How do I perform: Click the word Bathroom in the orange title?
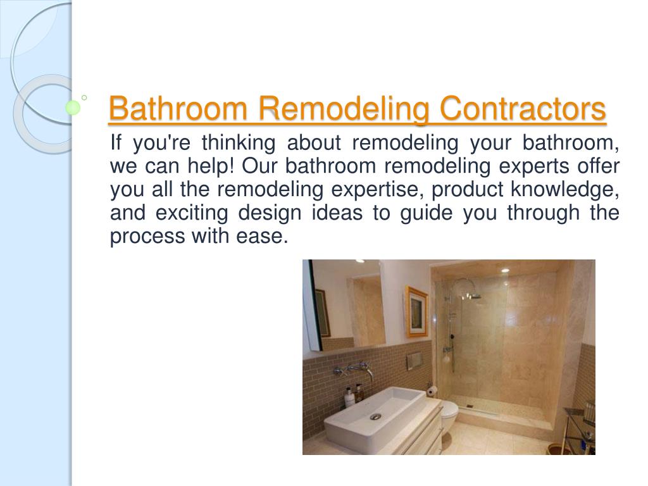click(178, 108)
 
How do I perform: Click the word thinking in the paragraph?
click(239, 143)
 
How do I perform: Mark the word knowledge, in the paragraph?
click(565, 190)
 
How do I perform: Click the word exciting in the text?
click(192, 213)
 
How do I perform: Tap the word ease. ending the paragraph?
click(262, 237)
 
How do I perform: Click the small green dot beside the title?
click(73, 108)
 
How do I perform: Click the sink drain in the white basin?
click(375, 416)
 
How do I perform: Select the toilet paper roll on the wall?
click(432, 390)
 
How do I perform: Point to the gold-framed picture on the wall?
click(416, 312)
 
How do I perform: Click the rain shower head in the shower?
click(472, 295)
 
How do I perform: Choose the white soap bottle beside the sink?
click(349, 397)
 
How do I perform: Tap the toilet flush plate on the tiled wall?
click(414, 360)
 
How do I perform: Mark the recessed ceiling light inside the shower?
click(504, 270)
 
